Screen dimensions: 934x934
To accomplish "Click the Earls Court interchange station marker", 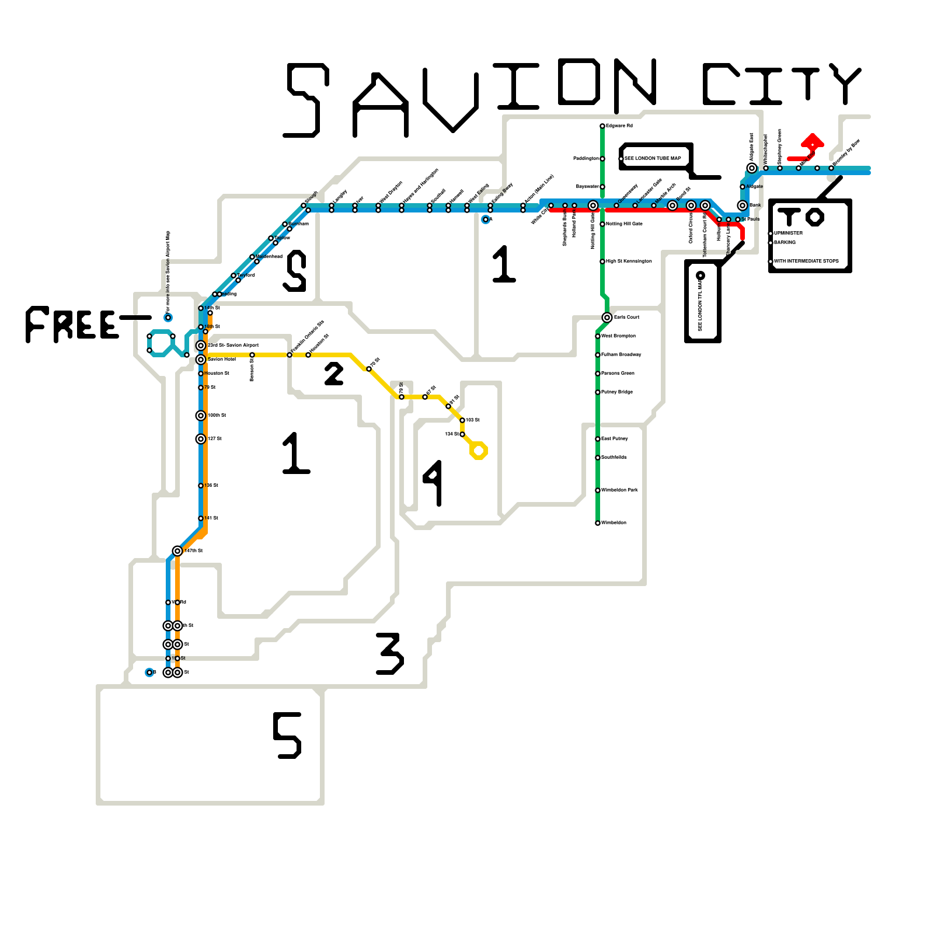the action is [607, 318].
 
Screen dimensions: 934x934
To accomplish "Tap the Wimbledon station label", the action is [614, 523].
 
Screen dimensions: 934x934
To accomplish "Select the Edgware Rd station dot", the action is [602, 126].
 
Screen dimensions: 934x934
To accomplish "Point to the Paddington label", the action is [586, 159].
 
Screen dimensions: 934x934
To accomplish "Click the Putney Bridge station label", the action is [617, 392].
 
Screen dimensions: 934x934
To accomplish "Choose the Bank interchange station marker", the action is [743, 205].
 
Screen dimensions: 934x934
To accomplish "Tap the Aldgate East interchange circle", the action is [752, 168].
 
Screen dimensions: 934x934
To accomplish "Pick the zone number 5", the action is [287, 736].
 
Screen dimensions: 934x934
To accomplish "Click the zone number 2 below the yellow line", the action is [334, 374].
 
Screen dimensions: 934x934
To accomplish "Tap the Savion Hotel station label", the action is [222, 360].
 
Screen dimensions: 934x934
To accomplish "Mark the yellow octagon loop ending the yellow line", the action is [479, 451].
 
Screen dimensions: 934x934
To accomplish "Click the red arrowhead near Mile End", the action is [813, 141].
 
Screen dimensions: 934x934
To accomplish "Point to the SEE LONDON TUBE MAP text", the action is [653, 159].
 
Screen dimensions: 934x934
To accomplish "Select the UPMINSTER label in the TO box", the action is [788, 233].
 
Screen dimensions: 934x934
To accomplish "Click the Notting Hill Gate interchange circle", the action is [593, 205].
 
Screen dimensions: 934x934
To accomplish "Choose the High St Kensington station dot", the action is [602, 262].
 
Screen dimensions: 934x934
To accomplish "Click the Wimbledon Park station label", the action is [619, 490].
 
